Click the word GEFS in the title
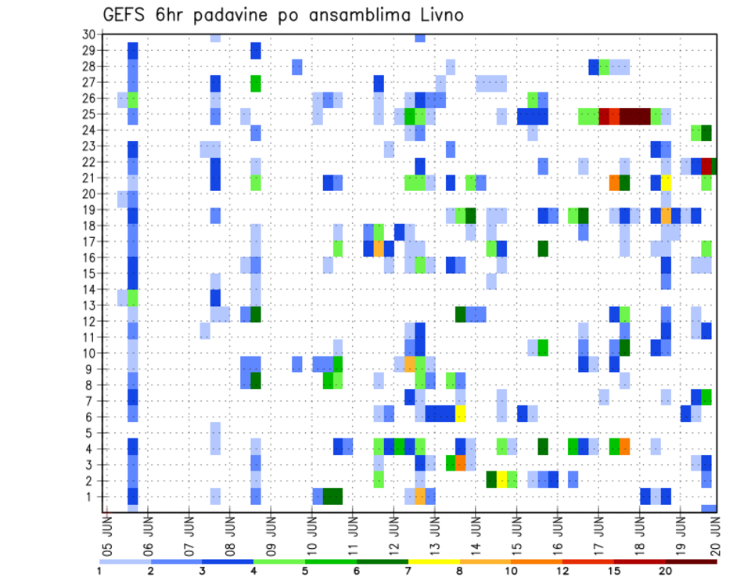pos(127,15)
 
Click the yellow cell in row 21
pos(666,182)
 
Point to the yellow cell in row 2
pos(501,478)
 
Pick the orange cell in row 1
pos(420,496)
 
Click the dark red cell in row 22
pos(706,166)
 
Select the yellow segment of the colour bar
pos(433,561)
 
